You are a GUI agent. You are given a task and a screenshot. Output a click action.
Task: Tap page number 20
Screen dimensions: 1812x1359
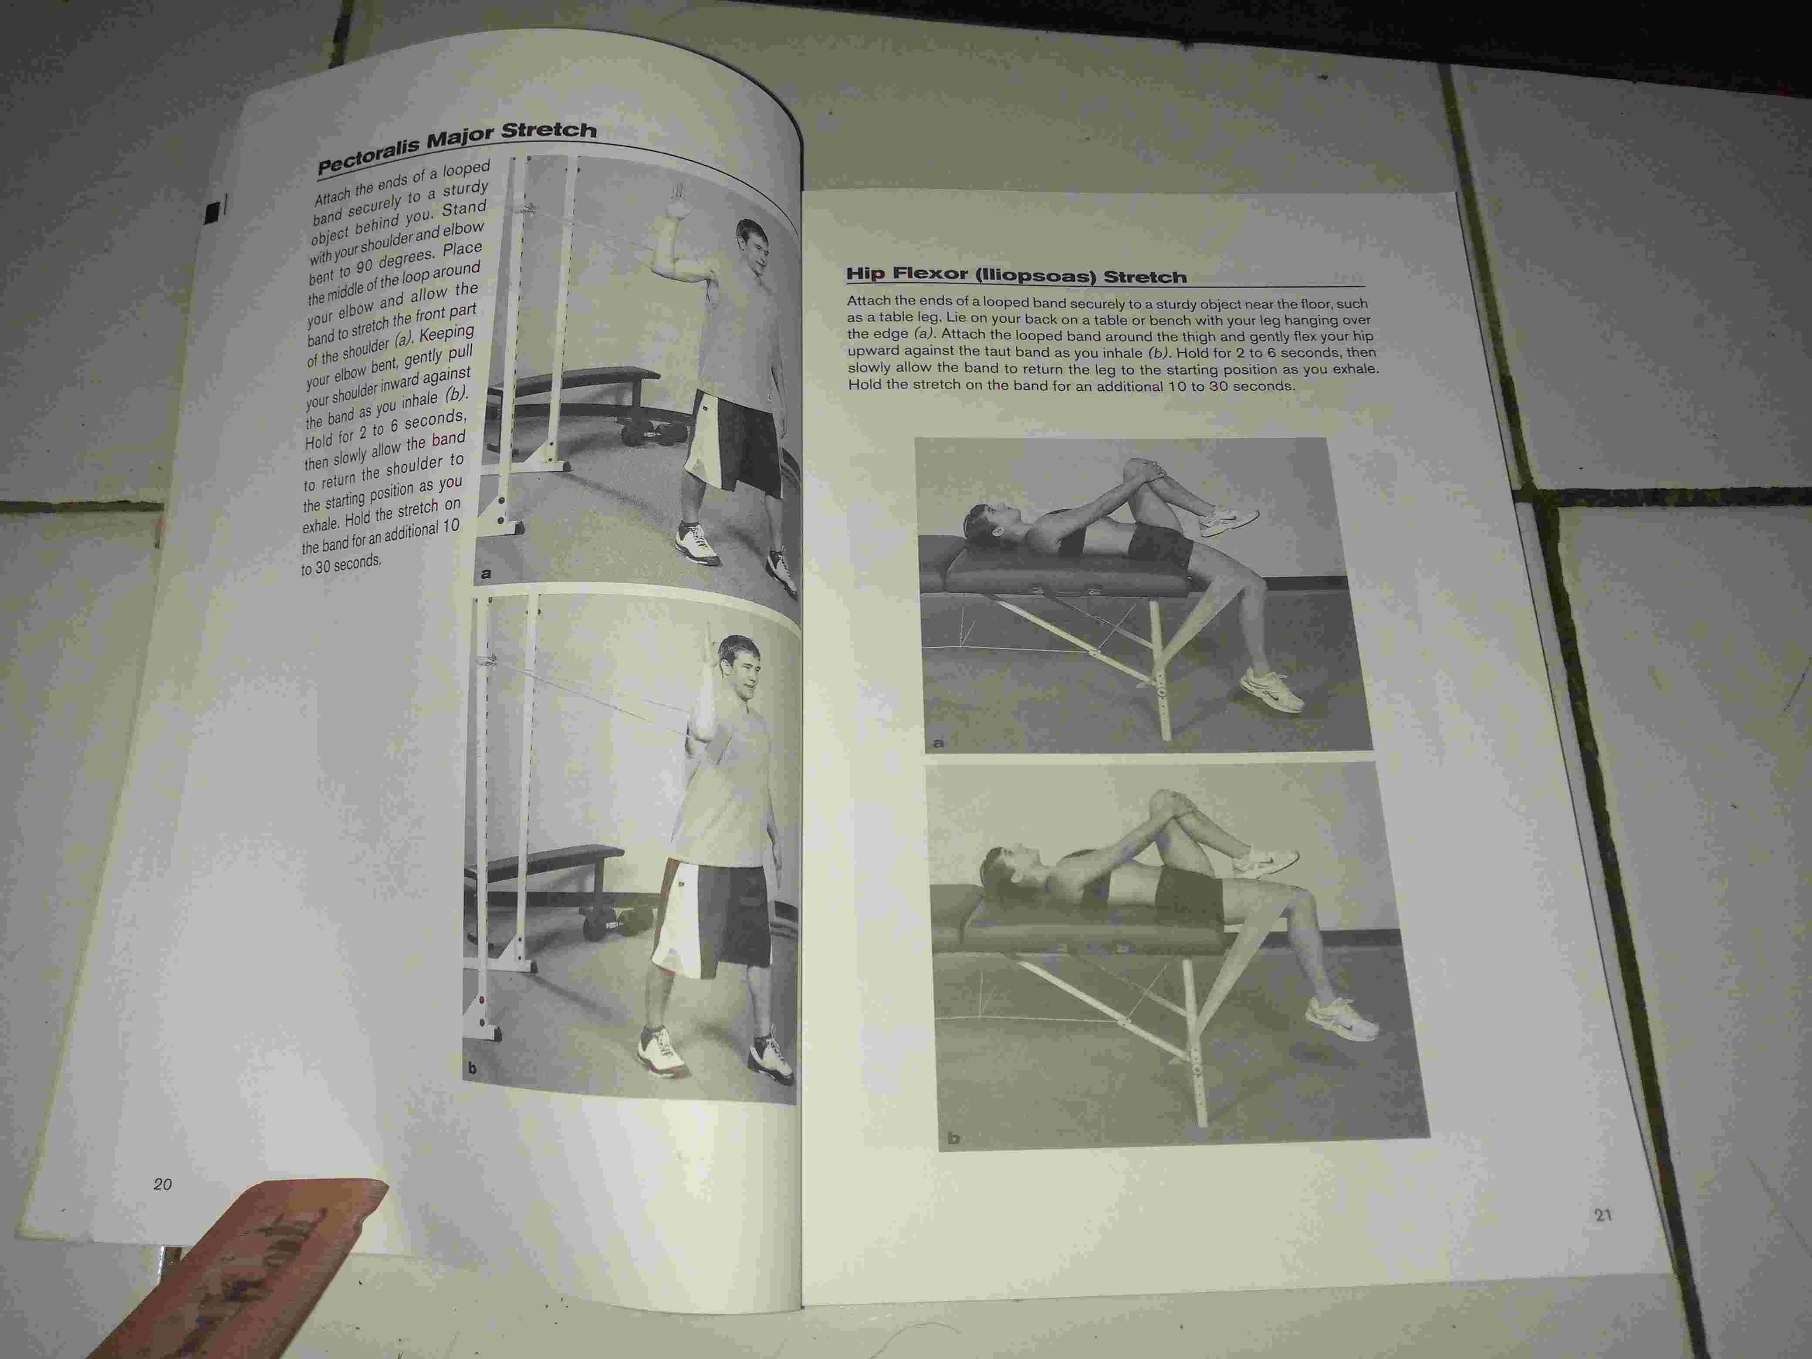point(162,1184)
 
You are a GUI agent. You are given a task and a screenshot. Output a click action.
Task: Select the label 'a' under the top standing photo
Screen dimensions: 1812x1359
point(486,573)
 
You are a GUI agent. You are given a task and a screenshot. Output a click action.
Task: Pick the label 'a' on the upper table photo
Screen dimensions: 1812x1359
point(939,743)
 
